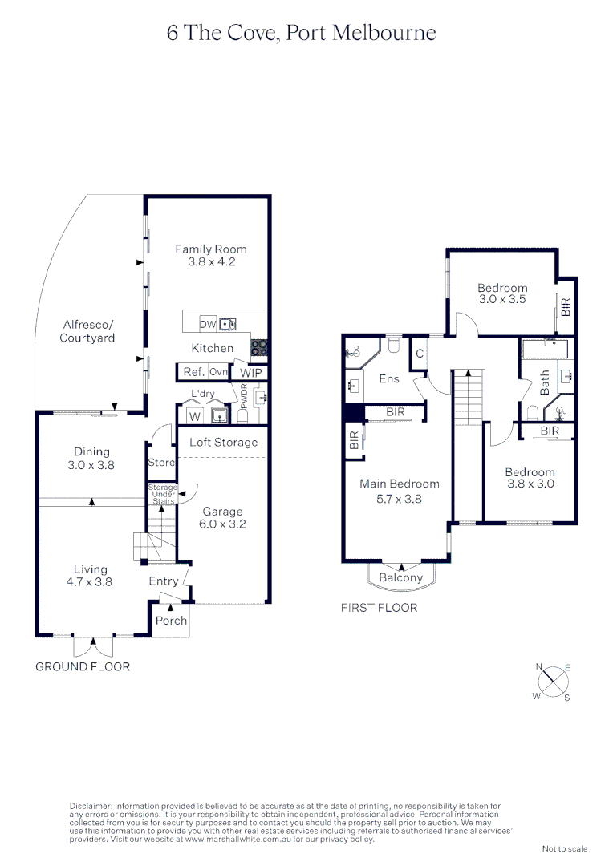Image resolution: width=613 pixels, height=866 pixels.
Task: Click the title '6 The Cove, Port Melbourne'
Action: click(x=302, y=33)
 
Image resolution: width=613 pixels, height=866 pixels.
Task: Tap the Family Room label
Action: click(x=211, y=255)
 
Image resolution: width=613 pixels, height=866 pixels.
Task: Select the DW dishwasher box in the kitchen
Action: click(x=207, y=324)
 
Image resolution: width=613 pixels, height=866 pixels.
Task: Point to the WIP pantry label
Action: click(x=250, y=373)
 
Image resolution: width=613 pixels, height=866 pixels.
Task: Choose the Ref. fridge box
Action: click(x=193, y=372)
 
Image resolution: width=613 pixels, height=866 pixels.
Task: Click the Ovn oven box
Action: click(x=219, y=372)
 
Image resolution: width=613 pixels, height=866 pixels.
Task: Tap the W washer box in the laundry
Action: click(x=193, y=416)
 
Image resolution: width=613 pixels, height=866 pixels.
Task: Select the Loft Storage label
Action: click(x=223, y=442)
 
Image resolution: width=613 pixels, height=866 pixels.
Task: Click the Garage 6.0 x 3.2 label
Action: click(x=223, y=518)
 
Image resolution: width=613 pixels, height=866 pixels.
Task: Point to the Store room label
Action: click(x=160, y=463)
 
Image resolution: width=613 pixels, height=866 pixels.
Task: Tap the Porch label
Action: click(x=171, y=621)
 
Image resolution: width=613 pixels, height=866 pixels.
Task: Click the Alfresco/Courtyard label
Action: click(x=88, y=331)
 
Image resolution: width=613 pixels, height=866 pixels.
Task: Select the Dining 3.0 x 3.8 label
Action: click(x=91, y=458)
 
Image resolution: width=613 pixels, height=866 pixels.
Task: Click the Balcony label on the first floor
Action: click(x=400, y=577)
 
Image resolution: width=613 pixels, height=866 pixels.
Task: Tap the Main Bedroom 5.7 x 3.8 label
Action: click(x=400, y=491)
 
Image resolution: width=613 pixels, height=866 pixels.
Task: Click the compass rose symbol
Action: click(x=552, y=682)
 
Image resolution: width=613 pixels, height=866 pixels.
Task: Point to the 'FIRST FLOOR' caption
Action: click(x=379, y=608)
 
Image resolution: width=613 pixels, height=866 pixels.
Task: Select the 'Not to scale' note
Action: click(x=564, y=848)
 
